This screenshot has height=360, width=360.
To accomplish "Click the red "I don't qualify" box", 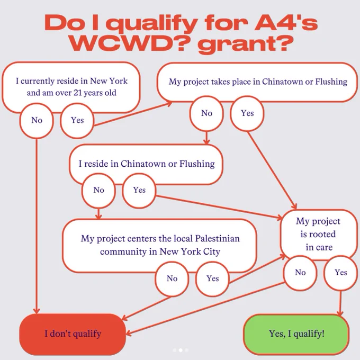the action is click(x=73, y=334).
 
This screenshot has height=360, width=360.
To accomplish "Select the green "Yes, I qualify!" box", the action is click(x=296, y=334).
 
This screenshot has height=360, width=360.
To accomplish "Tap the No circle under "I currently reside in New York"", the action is click(x=37, y=121).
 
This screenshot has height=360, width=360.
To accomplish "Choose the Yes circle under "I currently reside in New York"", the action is click(x=77, y=121).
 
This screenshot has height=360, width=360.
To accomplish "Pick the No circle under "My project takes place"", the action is click(x=206, y=113).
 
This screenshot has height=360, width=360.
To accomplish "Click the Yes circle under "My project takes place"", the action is click(x=247, y=113).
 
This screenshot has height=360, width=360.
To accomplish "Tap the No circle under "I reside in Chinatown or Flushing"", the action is click(x=98, y=191).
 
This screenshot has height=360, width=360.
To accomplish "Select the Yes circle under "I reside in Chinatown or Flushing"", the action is click(x=139, y=191).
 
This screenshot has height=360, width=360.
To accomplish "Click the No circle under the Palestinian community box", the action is click(x=172, y=278).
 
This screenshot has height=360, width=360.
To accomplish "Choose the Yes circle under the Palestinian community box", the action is click(x=213, y=278).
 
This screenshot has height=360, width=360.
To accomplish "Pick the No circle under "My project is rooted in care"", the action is click(x=300, y=273).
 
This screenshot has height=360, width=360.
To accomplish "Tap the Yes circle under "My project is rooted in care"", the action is click(x=341, y=273).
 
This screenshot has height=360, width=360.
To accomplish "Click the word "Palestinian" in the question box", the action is click(x=218, y=238).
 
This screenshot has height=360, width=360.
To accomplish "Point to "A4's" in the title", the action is click(x=286, y=23).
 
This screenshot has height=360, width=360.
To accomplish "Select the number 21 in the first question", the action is click(x=78, y=93).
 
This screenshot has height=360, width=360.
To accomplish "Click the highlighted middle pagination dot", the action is click(x=181, y=350).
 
